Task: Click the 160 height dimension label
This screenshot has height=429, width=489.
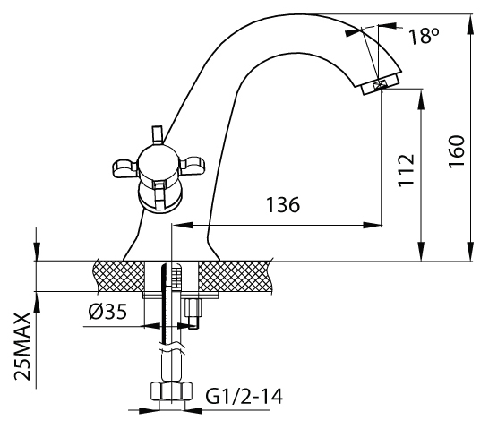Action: tap(457, 151)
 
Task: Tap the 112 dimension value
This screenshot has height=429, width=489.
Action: tap(406, 170)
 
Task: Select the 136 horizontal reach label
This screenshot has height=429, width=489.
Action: tap(283, 205)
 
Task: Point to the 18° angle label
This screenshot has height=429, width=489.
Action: tap(424, 36)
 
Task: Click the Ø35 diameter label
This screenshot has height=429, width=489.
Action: tap(107, 312)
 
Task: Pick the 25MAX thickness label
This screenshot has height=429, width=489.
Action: tap(22, 347)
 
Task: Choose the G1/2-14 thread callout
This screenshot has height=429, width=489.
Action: tap(244, 396)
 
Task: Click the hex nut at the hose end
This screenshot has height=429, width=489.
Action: tap(171, 391)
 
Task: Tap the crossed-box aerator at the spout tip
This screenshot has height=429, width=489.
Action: tap(379, 85)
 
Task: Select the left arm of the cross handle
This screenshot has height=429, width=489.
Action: tap(124, 168)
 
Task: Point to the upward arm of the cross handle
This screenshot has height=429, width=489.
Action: tap(158, 135)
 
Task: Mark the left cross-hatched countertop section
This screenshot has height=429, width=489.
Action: tap(119, 276)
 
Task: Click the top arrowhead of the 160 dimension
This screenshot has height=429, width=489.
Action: tap(470, 23)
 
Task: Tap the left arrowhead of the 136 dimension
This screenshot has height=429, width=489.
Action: tap(182, 225)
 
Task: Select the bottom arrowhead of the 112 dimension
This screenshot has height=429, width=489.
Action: tap(421, 252)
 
